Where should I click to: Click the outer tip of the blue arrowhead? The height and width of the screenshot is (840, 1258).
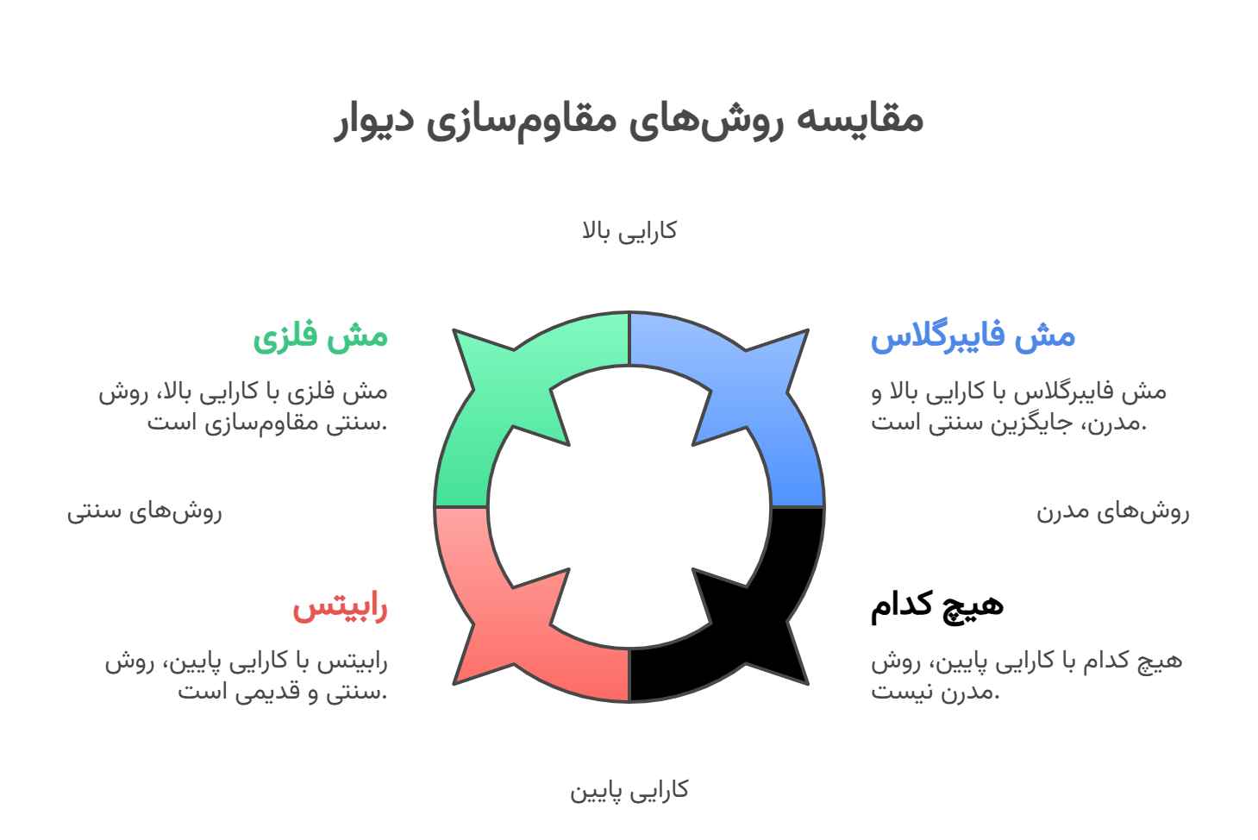(x=808, y=329)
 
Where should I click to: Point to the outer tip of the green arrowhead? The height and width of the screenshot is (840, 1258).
(x=454, y=329)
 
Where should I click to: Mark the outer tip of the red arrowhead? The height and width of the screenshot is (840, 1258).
(x=454, y=685)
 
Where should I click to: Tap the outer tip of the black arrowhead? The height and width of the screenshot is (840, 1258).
(x=808, y=685)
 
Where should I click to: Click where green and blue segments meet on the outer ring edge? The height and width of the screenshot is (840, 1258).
(x=629, y=312)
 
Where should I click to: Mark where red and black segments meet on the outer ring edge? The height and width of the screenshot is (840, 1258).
(x=629, y=702)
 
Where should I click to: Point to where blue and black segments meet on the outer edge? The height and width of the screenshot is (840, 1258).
(x=824, y=507)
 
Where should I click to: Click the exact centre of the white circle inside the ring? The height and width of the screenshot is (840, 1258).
(x=629, y=507)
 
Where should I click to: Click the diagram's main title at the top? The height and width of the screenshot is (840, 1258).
(x=629, y=120)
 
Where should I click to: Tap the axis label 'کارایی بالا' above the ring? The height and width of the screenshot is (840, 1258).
(x=629, y=231)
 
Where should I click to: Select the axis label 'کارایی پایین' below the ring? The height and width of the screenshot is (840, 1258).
(x=629, y=791)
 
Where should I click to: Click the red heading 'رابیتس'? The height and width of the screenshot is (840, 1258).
(x=340, y=608)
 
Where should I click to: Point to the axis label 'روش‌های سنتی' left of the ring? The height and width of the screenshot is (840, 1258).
(x=145, y=512)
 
